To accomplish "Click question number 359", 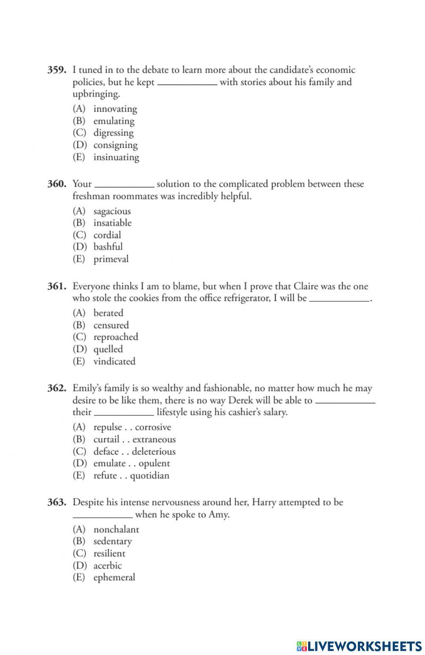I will point(57,70).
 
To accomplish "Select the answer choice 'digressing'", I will point(113,133).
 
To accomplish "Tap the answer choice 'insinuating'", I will point(116,157).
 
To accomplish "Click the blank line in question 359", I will point(187,84).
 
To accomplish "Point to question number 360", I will point(57,184).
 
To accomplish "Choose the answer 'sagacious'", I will point(112,211).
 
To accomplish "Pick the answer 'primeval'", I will point(110,259).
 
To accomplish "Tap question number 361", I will point(57,286).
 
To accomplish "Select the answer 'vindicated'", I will point(114,361).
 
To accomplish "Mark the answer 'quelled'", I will point(108,349).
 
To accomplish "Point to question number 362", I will point(57,388).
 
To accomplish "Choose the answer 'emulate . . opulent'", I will point(131,463).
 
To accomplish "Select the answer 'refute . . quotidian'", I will point(131,476).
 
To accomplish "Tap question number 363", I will point(57,502).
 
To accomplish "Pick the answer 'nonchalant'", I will point(116,530).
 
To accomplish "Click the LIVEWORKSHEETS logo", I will point(359,646).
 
